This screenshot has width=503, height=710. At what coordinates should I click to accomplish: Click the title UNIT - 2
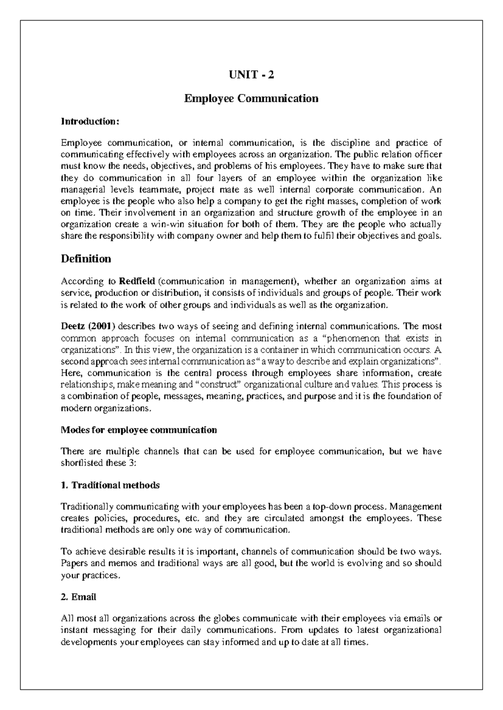coord(251,75)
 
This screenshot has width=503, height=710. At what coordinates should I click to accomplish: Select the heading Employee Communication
coord(251,98)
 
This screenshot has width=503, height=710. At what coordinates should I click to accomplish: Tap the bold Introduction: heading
coord(90,121)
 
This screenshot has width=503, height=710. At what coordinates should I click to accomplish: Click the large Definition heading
coord(86,259)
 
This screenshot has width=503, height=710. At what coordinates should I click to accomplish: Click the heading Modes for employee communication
coord(139,430)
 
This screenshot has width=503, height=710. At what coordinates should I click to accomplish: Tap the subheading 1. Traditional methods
coord(110,485)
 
